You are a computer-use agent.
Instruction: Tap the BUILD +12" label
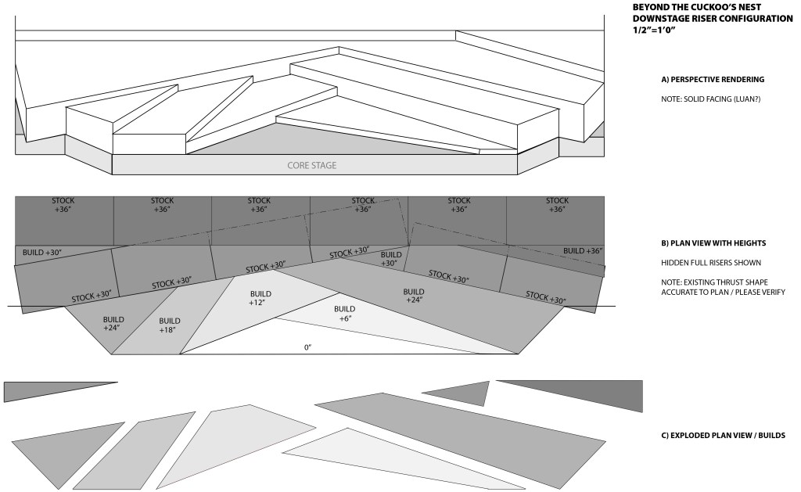[x=258, y=298]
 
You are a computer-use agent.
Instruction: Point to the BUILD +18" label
[x=170, y=325]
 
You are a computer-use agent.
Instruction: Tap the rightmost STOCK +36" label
[x=557, y=205]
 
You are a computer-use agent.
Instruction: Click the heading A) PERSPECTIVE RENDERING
[x=713, y=80]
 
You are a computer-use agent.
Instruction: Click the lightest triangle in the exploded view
[x=375, y=458]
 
